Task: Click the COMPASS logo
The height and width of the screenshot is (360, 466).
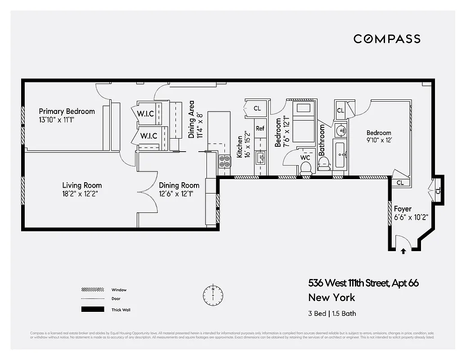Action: pyautogui.click(x=387, y=39)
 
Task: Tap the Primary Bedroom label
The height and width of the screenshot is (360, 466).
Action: pyautogui.click(x=67, y=112)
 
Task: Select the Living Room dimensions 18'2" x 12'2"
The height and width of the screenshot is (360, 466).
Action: pyautogui.click(x=81, y=193)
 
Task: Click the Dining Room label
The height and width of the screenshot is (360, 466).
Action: pyautogui.click(x=179, y=185)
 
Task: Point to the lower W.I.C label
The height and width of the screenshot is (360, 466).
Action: pyautogui.click(x=148, y=135)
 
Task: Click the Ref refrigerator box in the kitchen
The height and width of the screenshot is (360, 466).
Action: pyautogui.click(x=260, y=129)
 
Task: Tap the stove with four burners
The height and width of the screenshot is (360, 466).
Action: pyautogui.click(x=224, y=162)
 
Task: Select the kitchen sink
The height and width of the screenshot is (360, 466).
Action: pyautogui.click(x=260, y=157)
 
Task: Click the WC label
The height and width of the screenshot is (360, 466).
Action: pyautogui.click(x=305, y=158)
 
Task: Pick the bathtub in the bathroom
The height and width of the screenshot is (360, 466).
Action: pyautogui.click(x=340, y=154)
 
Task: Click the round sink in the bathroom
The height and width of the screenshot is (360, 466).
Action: pyautogui.click(x=341, y=131)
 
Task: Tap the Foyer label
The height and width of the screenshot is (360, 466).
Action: pyautogui.click(x=403, y=209)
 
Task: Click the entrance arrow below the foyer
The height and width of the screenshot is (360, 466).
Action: pyautogui.click(x=403, y=252)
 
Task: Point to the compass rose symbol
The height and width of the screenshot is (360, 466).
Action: pyautogui.click(x=213, y=294)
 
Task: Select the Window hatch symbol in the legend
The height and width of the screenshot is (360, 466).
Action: pyautogui.click(x=92, y=290)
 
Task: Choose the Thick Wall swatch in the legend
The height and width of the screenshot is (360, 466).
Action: pyautogui.click(x=92, y=310)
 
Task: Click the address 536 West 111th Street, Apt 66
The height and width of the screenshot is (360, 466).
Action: pyautogui.click(x=363, y=283)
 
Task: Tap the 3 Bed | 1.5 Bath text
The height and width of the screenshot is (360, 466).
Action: pyautogui.click(x=332, y=314)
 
